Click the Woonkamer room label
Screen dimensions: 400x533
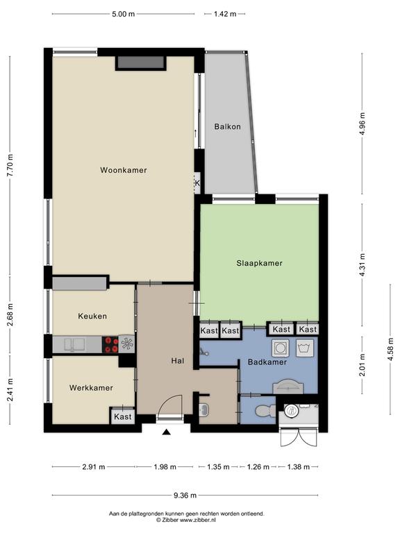tap(124, 170)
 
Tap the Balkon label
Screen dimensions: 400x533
tap(228, 126)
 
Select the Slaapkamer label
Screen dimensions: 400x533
tap(260, 263)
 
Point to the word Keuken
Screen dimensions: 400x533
tap(92, 316)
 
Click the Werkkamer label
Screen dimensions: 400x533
tap(91, 388)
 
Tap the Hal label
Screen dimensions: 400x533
tap(178, 361)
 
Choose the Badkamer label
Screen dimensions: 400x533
tap(267, 362)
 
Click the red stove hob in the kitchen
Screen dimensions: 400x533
tap(110, 344)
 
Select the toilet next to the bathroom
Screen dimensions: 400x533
tap(265, 411)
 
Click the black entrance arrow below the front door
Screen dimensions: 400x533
tap(167, 432)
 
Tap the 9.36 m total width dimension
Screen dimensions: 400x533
tap(185, 496)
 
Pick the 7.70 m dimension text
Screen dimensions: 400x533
tap(10, 165)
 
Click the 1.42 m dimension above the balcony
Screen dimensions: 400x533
tap(225, 14)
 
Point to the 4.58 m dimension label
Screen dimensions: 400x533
tap(391, 349)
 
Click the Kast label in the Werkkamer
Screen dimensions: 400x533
tap(123, 416)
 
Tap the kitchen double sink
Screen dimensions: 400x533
tap(74, 344)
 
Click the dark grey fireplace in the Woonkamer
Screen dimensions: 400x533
tap(140, 63)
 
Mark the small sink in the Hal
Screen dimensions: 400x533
tap(204, 409)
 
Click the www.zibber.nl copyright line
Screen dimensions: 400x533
tap(186, 520)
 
